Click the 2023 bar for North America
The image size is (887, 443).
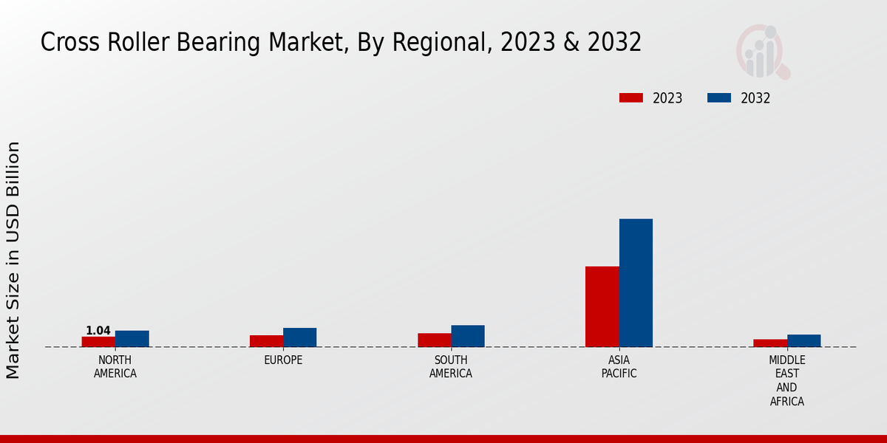[x=98, y=342]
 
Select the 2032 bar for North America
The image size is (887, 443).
[x=132, y=339]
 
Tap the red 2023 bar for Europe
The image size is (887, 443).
[x=266, y=341]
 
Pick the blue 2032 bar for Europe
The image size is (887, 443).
[x=299, y=337]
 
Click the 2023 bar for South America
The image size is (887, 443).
[x=434, y=340]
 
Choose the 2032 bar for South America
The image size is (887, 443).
[x=468, y=336]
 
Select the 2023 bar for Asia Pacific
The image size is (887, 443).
[x=602, y=306]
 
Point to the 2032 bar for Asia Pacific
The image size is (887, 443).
[x=636, y=283]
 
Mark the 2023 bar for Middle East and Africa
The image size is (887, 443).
[x=770, y=343]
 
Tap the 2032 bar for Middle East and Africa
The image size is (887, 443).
[x=803, y=341]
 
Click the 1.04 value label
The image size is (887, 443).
[x=98, y=331]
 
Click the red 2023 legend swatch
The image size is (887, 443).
[x=631, y=97]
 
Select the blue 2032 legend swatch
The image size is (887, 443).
[x=719, y=97]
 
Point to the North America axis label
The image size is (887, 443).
[x=115, y=367]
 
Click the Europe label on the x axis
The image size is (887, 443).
[x=283, y=360]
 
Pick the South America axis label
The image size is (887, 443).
[x=451, y=367]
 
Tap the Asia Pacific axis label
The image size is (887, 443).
[x=619, y=367]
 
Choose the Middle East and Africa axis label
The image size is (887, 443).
[x=786, y=381]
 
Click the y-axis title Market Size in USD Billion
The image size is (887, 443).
[x=13, y=260]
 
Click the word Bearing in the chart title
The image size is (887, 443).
[x=215, y=43]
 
